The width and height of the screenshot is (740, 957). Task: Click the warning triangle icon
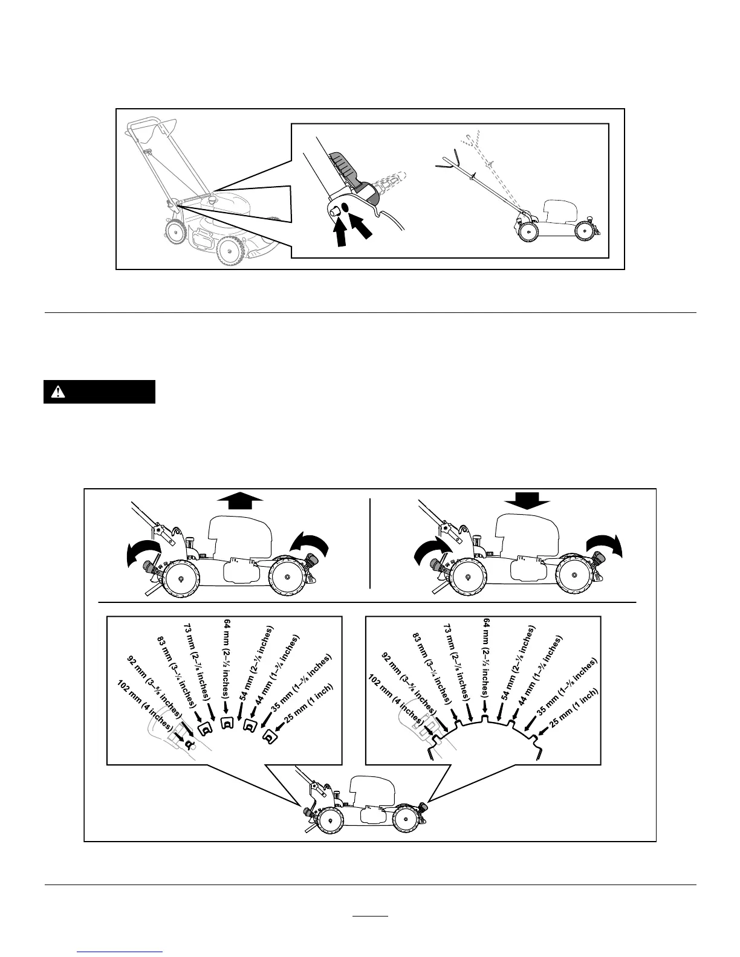[x=58, y=391]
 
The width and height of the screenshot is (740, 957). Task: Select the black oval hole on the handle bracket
[x=345, y=207]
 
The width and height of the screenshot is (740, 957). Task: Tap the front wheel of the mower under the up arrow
[x=287, y=577]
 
